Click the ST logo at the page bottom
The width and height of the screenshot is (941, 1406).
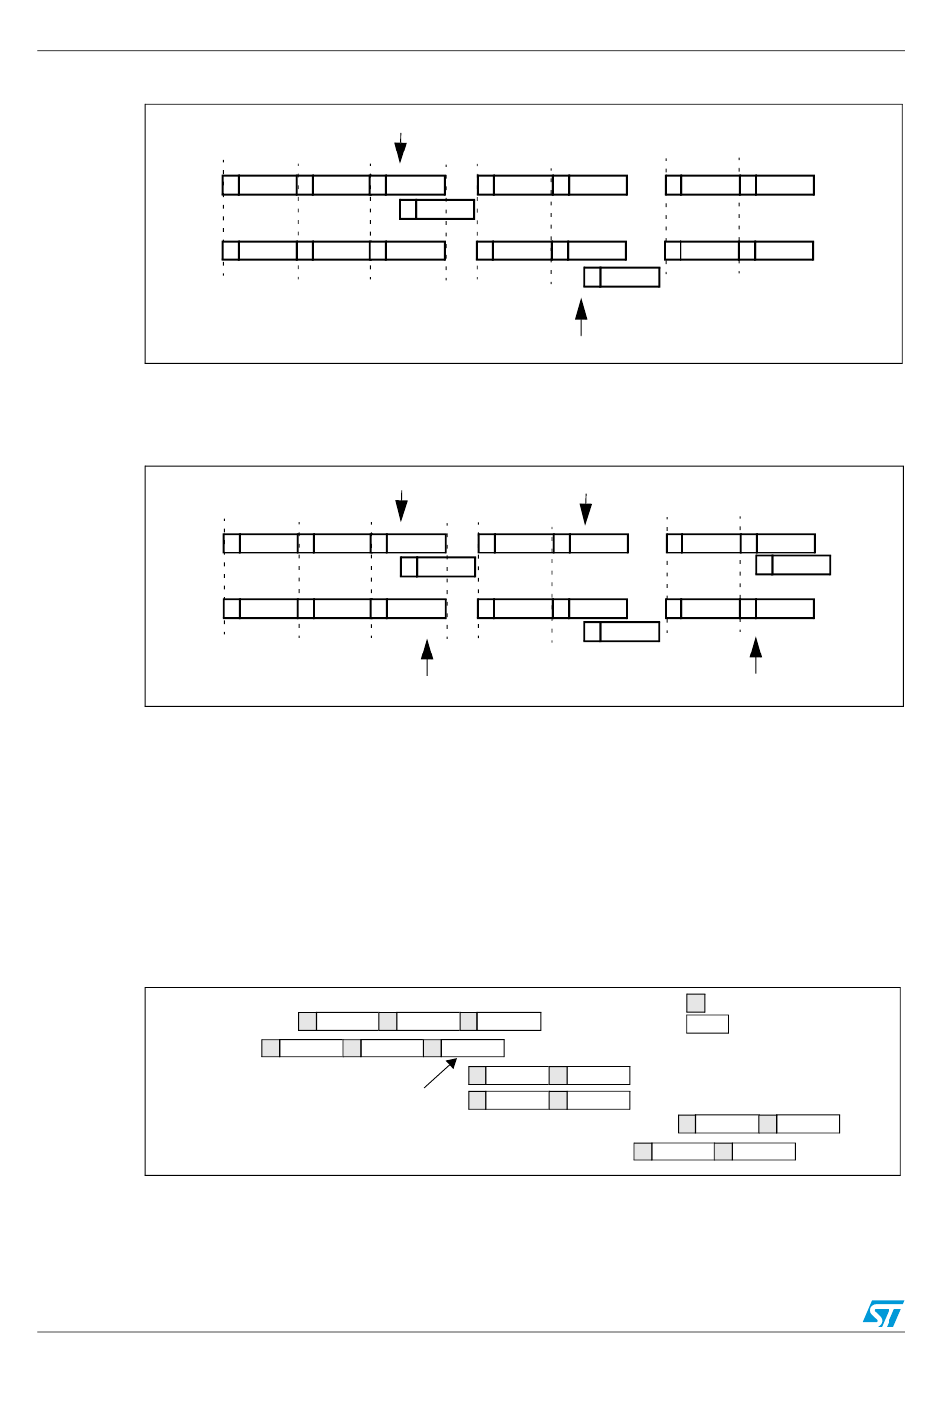click(883, 1313)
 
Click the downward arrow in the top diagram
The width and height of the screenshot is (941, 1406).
click(400, 148)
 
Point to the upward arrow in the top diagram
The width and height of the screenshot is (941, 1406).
click(581, 317)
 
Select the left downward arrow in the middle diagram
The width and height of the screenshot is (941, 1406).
click(401, 506)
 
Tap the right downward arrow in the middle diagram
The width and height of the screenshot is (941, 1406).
click(586, 509)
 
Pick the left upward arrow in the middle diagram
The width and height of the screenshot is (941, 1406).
click(427, 656)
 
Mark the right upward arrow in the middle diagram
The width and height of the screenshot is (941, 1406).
click(756, 654)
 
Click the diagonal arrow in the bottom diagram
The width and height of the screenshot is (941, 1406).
click(440, 1073)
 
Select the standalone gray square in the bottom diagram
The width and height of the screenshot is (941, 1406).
click(696, 1003)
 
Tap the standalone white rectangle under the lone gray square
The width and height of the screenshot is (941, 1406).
click(707, 1024)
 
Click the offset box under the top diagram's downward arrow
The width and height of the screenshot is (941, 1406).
click(437, 209)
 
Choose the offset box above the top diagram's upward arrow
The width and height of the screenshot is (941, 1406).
click(622, 277)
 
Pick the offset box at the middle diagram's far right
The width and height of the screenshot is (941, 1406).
click(792, 565)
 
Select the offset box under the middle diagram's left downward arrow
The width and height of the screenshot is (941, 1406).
click(438, 567)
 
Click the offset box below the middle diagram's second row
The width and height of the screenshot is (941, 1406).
click(622, 632)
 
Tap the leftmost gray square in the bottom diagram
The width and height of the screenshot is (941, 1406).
click(271, 1048)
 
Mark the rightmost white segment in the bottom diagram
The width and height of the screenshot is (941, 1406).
click(807, 1124)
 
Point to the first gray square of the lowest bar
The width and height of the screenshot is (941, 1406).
click(643, 1152)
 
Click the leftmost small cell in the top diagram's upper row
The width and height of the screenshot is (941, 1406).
click(231, 185)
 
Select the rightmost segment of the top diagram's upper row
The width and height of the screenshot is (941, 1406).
click(784, 185)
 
